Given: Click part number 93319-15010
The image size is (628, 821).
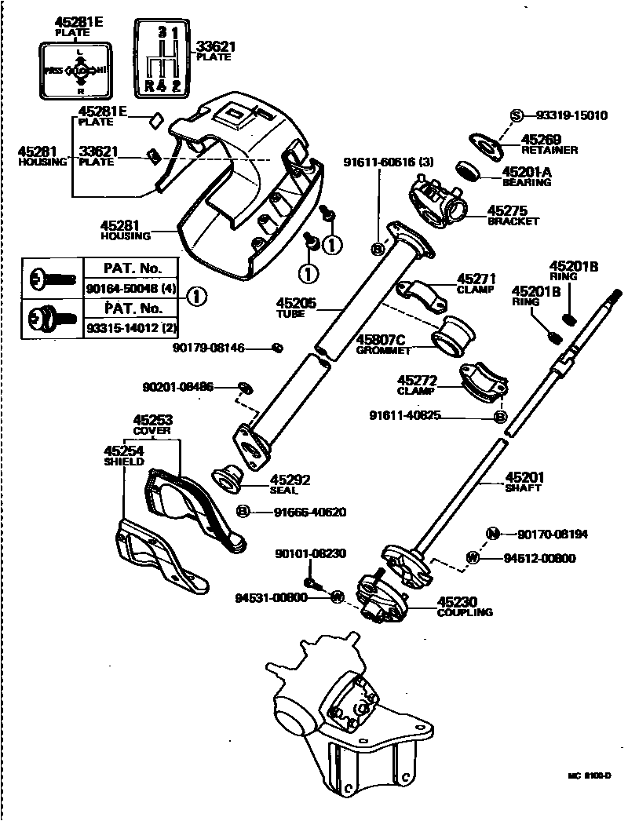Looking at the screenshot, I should pyautogui.click(x=571, y=115).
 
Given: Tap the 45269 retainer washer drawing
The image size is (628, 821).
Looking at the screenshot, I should pyautogui.click(x=485, y=144).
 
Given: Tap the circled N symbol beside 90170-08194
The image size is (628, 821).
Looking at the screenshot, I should pyautogui.click(x=493, y=535).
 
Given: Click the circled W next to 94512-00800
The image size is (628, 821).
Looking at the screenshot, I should pyautogui.click(x=473, y=558).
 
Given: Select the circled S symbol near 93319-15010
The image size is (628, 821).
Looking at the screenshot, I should pyautogui.click(x=516, y=115).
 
